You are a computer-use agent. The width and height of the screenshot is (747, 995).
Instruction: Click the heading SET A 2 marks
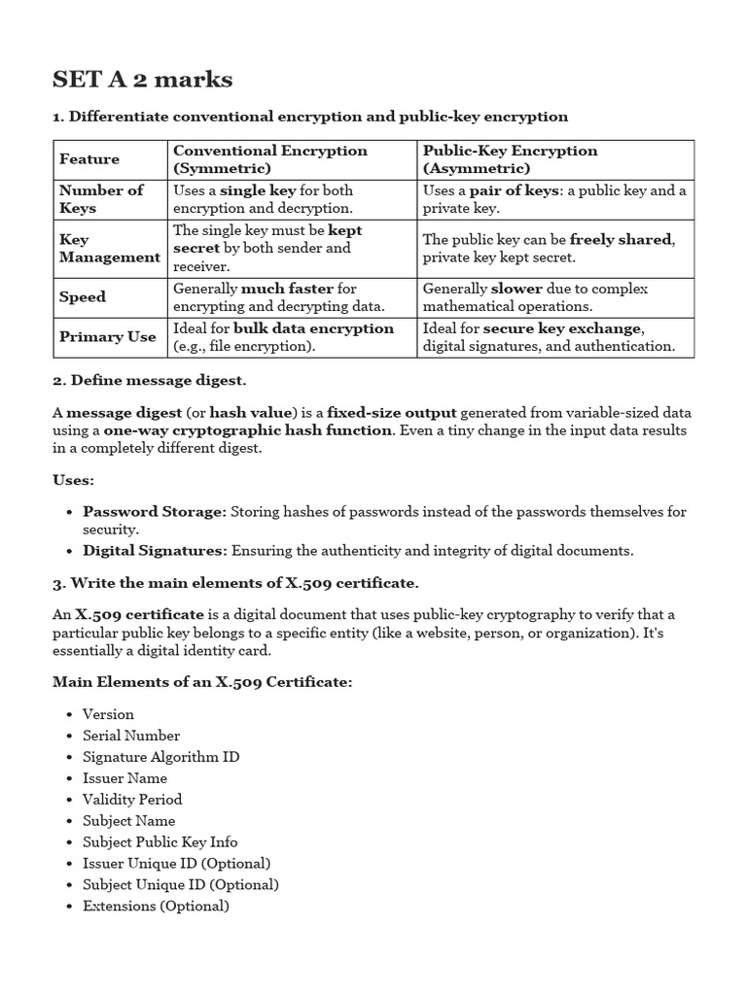(x=142, y=79)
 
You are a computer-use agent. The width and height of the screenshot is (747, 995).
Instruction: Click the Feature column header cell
(x=89, y=159)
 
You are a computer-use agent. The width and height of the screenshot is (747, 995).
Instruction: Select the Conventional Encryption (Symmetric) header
(x=269, y=159)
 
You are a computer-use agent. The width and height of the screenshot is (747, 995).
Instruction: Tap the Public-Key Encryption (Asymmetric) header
(x=510, y=159)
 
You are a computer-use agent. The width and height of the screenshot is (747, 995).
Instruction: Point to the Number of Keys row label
(x=101, y=199)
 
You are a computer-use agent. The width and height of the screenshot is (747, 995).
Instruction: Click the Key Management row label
(x=109, y=248)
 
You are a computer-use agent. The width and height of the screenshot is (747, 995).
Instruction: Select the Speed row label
(x=83, y=297)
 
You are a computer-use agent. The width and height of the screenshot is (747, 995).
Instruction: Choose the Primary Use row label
(x=107, y=337)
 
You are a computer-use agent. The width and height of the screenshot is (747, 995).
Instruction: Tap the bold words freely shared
(x=621, y=239)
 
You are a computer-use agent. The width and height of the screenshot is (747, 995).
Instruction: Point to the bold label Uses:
(x=74, y=480)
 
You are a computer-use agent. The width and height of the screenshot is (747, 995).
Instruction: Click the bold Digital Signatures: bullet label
(x=155, y=551)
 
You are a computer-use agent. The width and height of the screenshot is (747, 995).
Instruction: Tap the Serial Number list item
(x=131, y=736)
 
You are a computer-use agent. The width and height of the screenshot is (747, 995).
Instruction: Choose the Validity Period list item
(x=132, y=800)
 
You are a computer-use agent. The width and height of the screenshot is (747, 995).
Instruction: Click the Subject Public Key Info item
(x=160, y=842)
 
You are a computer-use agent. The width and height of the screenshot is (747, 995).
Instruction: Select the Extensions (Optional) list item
(x=156, y=907)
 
